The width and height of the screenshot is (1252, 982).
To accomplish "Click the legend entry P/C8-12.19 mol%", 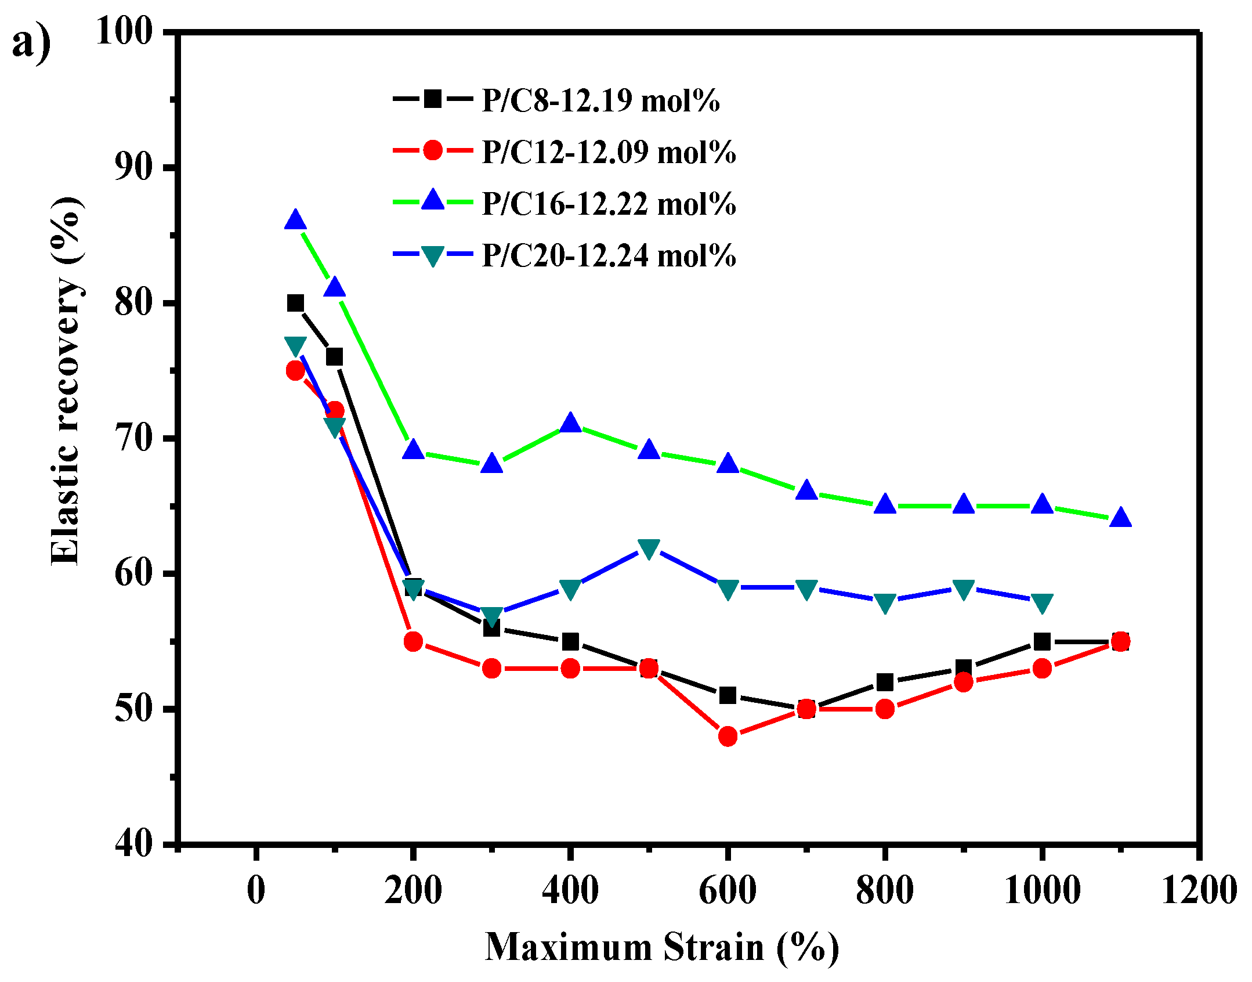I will (600, 100).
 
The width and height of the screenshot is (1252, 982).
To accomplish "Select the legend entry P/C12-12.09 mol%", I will (609, 152).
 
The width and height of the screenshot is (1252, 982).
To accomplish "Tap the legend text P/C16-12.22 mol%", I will (609, 204).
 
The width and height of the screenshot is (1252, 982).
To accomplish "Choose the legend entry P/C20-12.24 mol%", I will (609, 255).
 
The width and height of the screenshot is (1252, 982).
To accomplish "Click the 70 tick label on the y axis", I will (134, 438).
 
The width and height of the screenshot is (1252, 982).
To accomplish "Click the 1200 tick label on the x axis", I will (1199, 890).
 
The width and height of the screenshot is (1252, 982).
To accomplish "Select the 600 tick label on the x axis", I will (727, 890).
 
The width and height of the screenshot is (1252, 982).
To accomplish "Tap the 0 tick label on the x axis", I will (256, 890).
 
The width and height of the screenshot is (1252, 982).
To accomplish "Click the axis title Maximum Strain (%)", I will (661, 947).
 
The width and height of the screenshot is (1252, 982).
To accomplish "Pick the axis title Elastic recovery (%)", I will (66, 380).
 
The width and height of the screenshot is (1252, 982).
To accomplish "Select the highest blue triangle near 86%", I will (295, 221).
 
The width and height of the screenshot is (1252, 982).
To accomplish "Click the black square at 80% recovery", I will (295, 303).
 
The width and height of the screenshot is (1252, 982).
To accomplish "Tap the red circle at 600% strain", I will (728, 736).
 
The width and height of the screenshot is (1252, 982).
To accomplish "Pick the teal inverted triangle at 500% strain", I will (649, 548).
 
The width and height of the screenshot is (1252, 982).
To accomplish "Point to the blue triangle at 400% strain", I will (570, 423).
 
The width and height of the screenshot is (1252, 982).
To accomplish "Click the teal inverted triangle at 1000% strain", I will (1042, 603).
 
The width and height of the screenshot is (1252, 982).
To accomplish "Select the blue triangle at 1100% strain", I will (1120, 518).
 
